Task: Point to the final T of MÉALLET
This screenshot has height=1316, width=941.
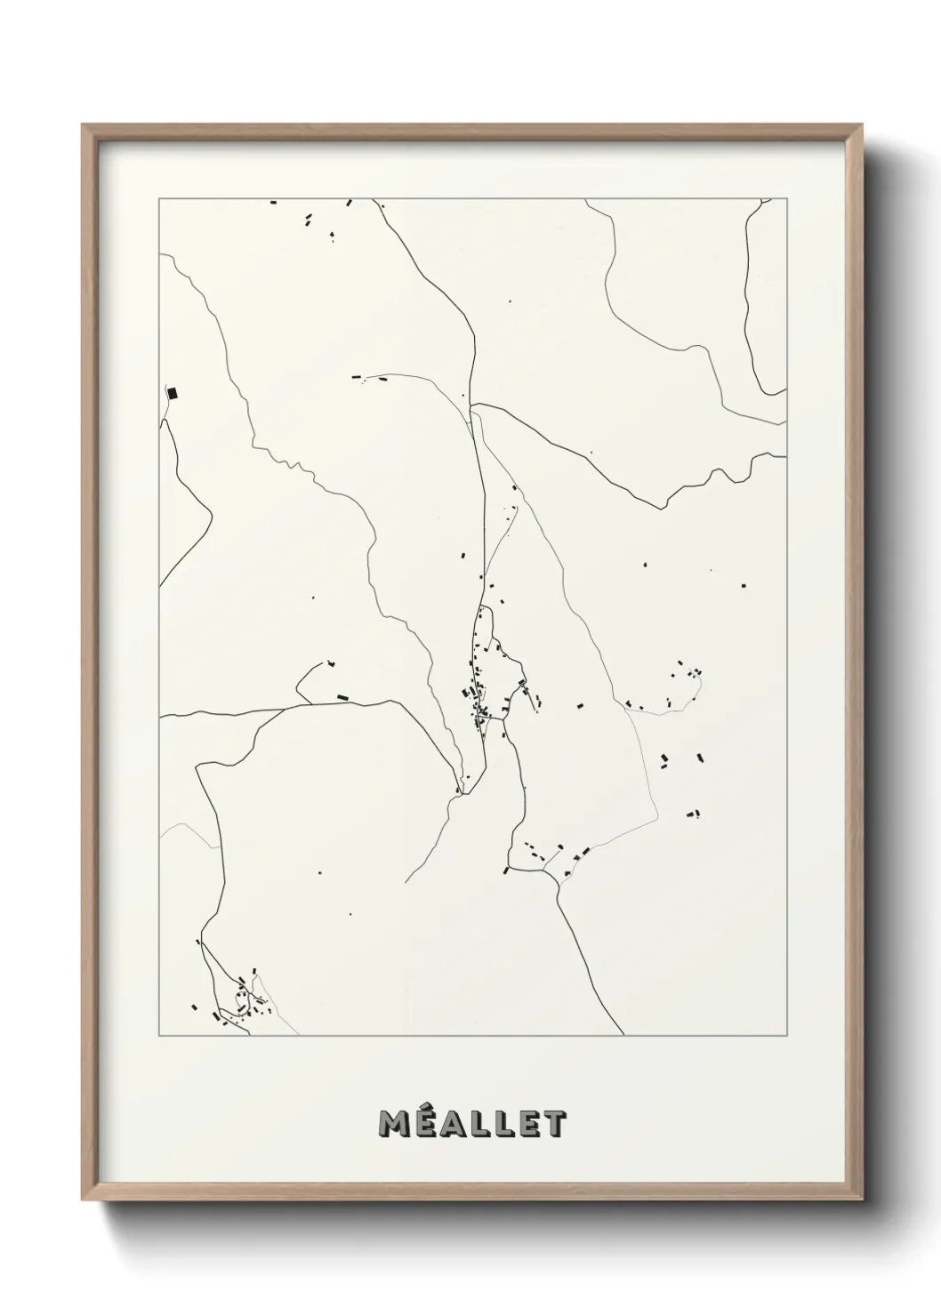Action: click(554, 1123)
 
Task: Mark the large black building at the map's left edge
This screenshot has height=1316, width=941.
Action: click(173, 392)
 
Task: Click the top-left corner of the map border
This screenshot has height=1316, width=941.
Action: click(159, 199)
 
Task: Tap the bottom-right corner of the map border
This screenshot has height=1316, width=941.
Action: click(787, 1036)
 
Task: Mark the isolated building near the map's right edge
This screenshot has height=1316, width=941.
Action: click(744, 584)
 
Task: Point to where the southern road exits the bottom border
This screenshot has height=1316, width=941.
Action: click(623, 1035)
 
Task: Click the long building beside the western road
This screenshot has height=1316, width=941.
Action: click(342, 697)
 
